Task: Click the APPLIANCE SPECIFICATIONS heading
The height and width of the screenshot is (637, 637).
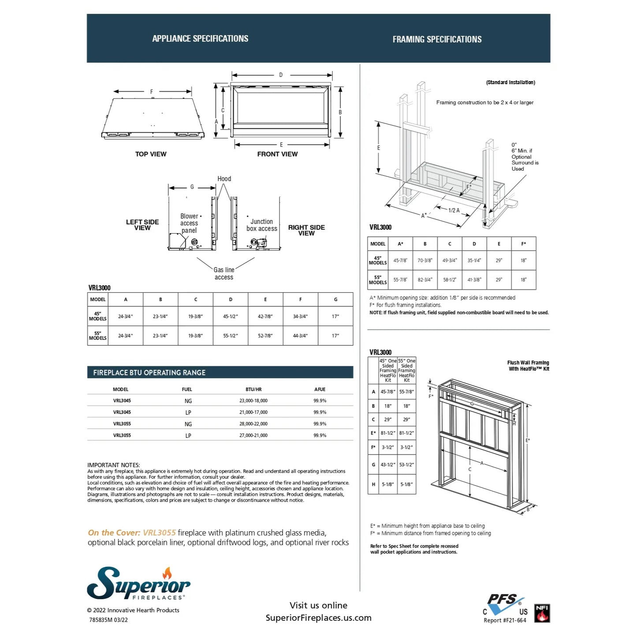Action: (200, 39)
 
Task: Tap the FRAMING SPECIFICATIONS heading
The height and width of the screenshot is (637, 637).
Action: (437, 40)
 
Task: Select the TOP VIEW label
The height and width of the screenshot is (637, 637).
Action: (151, 154)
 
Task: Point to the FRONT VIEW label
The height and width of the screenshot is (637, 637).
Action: (277, 154)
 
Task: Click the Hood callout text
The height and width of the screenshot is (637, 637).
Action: (224, 179)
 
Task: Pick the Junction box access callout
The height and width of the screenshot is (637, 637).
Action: (262, 225)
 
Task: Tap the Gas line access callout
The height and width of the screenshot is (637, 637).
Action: (224, 273)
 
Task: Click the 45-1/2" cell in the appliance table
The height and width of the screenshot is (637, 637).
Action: (231, 317)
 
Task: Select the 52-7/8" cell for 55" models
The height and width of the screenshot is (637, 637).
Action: (265, 336)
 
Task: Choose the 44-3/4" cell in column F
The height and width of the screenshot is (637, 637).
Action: (300, 336)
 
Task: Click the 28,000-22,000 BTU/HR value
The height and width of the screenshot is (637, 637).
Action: (253, 424)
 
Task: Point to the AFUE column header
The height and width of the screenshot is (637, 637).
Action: (320, 389)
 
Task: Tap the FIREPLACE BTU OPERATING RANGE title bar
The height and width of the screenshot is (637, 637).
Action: (220, 373)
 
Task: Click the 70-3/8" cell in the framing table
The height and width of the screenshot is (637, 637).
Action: (425, 261)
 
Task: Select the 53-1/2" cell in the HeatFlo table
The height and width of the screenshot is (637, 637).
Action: (406, 465)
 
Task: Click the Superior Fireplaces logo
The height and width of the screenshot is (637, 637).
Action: (138, 584)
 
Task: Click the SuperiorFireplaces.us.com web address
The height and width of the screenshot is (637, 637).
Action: (318, 618)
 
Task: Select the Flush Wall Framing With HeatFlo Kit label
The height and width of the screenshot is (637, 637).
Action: (529, 366)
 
